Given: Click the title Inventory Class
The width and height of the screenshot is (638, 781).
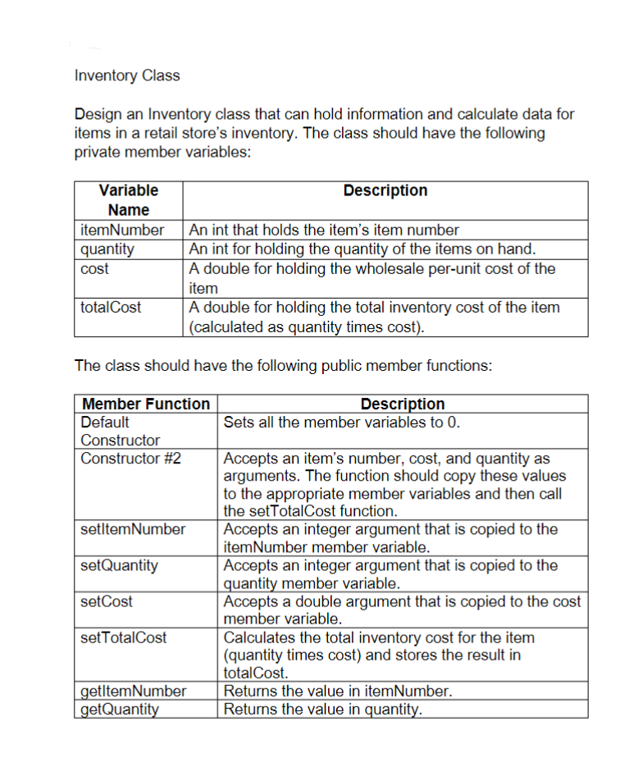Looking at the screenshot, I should (127, 75).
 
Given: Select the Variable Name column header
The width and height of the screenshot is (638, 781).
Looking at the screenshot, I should (128, 200).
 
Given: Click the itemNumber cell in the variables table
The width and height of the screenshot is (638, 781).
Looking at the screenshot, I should (122, 230).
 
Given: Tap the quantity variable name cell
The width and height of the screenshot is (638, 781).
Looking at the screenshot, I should (107, 249).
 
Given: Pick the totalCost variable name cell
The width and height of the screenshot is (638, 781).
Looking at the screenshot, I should (111, 308).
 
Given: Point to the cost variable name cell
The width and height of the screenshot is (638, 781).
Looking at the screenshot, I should (94, 268).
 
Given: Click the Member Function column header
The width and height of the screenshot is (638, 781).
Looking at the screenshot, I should (146, 404).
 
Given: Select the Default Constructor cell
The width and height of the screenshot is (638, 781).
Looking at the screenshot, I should (120, 431).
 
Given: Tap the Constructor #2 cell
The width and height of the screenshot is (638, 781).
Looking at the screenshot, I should (130, 458).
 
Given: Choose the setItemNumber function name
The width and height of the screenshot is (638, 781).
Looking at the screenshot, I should (134, 529).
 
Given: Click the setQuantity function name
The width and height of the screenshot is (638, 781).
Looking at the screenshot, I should (120, 565).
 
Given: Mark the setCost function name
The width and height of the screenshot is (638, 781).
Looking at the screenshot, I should (107, 601).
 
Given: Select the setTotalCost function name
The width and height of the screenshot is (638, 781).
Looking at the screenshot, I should (124, 637).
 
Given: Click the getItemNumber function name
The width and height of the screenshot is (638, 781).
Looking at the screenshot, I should (134, 691).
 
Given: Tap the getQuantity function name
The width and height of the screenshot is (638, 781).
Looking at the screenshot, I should (120, 709).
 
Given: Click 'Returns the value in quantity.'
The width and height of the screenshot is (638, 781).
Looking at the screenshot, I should (323, 709).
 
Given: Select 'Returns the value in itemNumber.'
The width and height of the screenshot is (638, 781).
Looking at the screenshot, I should (338, 691).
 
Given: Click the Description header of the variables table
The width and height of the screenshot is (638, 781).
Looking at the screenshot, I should (385, 190).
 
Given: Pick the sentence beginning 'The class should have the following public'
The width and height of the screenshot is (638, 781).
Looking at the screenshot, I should (283, 366).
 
